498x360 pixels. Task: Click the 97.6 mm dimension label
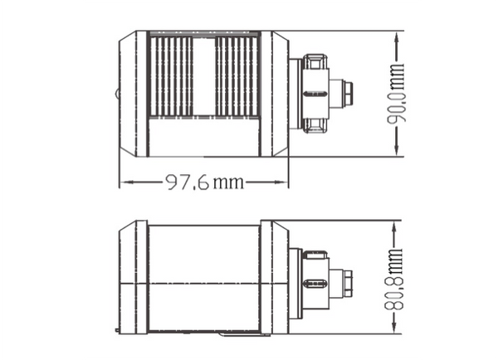(x=205, y=182)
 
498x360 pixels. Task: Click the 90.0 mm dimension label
(x=397, y=93)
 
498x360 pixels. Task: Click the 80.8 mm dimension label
(x=393, y=279)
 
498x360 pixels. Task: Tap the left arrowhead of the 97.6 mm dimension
(x=127, y=182)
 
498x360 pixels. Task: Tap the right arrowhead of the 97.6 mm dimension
(x=281, y=182)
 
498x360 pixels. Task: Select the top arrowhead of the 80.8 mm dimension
(x=394, y=228)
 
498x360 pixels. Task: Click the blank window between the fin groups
(x=204, y=76)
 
